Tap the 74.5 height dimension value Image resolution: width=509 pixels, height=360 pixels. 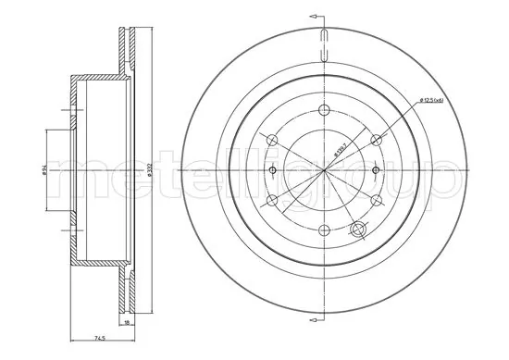point(96,341)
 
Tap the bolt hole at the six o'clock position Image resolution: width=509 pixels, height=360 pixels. point(323,232)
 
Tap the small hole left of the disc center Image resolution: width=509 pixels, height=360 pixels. point(275,170)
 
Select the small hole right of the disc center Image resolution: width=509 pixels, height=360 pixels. point(371,170)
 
